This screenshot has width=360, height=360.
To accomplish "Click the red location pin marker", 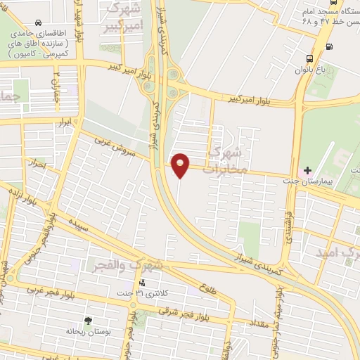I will [x=181, y=165].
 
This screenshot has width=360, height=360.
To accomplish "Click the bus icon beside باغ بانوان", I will [x=311, y=58].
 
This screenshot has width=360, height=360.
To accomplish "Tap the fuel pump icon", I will [x=330, y=48].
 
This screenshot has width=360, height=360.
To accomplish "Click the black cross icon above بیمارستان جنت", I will [x=307, y=161].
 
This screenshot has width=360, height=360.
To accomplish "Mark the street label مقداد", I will [x=259, y=323].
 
